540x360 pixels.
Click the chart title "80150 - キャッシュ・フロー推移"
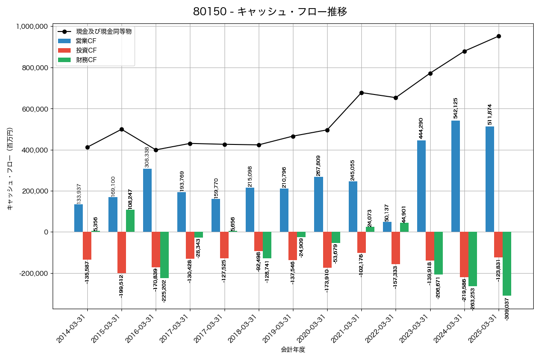point(270,12)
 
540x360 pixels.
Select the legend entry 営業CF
point(86,41)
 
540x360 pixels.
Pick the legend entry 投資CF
point(86,50)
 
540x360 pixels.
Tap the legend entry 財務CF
point(86,59)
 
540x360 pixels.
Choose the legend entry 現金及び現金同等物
point(103,31)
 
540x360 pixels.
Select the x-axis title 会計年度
point(293,350)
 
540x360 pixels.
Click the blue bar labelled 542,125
point(455,176)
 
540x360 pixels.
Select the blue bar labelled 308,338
point(147,200)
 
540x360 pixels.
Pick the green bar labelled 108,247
point(130,221)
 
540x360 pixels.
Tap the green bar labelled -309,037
point(507,264)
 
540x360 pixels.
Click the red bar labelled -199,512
point(121,252)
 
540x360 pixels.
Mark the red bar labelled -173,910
point(327,250)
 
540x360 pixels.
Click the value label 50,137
point(387,212)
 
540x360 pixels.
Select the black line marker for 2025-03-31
point(499,36)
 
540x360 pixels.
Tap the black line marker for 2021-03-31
point(361,93)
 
